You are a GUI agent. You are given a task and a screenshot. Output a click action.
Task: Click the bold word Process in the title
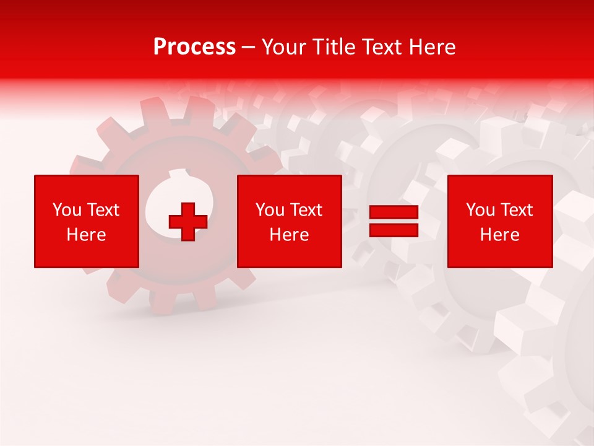click(x=194, y=47)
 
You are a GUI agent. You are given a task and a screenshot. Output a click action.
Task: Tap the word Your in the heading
click(x=283, y=47)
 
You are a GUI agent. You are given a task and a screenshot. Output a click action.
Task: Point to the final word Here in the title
click(x=432, y=47)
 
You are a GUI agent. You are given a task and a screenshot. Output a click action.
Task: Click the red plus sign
click(x=188, y=222)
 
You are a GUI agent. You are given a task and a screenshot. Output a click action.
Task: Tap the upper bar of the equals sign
click(x=394, y=213)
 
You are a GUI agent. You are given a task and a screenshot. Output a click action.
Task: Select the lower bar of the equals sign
click(x=394, y=230)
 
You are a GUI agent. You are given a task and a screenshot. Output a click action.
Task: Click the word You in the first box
click(x=67, y=210)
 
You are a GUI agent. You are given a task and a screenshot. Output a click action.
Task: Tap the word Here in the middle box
click(x=289, y=235)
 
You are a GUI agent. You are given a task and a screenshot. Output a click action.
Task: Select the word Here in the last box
click(x=500, y=235)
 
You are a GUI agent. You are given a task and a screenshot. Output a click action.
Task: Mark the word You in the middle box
click(x=270, y=210)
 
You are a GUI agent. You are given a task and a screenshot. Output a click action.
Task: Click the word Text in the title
click(x=380, y=47)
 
